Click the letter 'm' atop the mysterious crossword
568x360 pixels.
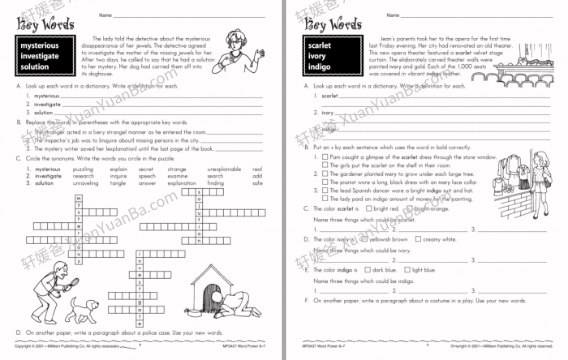click(x=77, y=197)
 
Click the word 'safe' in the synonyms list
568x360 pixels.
click(x=257, y=183)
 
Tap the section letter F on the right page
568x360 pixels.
click(x=305, y=300)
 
